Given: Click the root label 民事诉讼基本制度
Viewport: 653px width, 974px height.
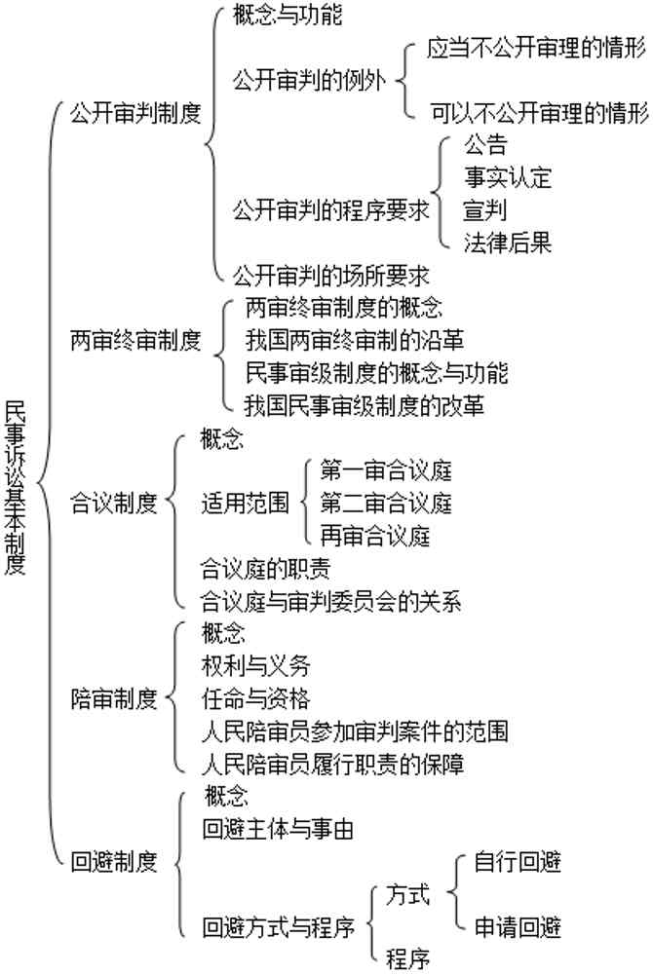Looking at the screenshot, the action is (15, 487).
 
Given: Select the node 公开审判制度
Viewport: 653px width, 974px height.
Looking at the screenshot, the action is (135, 113).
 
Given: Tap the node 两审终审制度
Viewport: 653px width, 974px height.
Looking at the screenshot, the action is (135, 340).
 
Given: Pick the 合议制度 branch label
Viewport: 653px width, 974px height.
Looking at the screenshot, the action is (114, 503).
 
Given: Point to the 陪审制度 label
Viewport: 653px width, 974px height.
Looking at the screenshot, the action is (114, 698).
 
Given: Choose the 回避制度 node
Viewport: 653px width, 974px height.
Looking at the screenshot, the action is (114, 862).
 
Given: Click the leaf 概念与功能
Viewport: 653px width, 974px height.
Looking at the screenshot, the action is (288, 15).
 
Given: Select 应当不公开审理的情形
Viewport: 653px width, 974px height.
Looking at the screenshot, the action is (536, 48).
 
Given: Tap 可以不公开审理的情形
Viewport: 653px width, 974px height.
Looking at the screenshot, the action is (539, 113).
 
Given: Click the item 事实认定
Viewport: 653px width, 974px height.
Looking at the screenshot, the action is (508, 177).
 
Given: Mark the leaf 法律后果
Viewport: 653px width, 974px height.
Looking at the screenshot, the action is (508, 243).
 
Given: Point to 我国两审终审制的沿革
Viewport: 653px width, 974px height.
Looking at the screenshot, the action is (354, 340).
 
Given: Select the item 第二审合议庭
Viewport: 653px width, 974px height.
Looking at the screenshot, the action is (386, 503).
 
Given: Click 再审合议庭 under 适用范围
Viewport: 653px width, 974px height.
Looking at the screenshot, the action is (374, 536).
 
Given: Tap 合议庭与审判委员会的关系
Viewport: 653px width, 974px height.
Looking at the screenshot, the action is (330, 601).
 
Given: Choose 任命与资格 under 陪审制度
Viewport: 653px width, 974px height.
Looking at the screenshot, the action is (255, 698).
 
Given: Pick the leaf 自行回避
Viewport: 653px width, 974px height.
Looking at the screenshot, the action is (518, 862).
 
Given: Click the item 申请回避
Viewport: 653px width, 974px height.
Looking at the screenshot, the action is (518, 927).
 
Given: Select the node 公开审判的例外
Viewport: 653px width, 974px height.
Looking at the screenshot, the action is (309, 81).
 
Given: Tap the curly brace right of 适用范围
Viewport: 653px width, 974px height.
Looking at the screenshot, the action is (304, 502).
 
